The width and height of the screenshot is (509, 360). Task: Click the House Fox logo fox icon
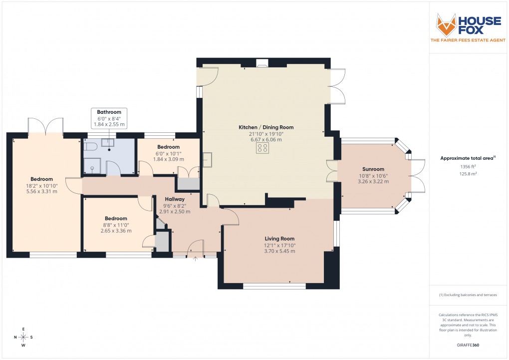click(446, 24)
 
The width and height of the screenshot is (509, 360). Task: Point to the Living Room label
click(279, 239)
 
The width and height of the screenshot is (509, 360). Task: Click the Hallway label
click(175, 199)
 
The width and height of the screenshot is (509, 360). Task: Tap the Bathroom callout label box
click(109, 118)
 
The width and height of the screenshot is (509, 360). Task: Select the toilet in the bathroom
click(90, 147)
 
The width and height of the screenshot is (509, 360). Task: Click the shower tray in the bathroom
click(92, 167)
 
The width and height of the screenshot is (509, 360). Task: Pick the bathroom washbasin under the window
click(109, 143)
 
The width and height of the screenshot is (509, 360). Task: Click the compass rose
click(23, 337)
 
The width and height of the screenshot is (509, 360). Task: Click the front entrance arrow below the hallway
click(195, 259)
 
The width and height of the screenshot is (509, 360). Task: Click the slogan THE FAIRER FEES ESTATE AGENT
click(468, 40)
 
